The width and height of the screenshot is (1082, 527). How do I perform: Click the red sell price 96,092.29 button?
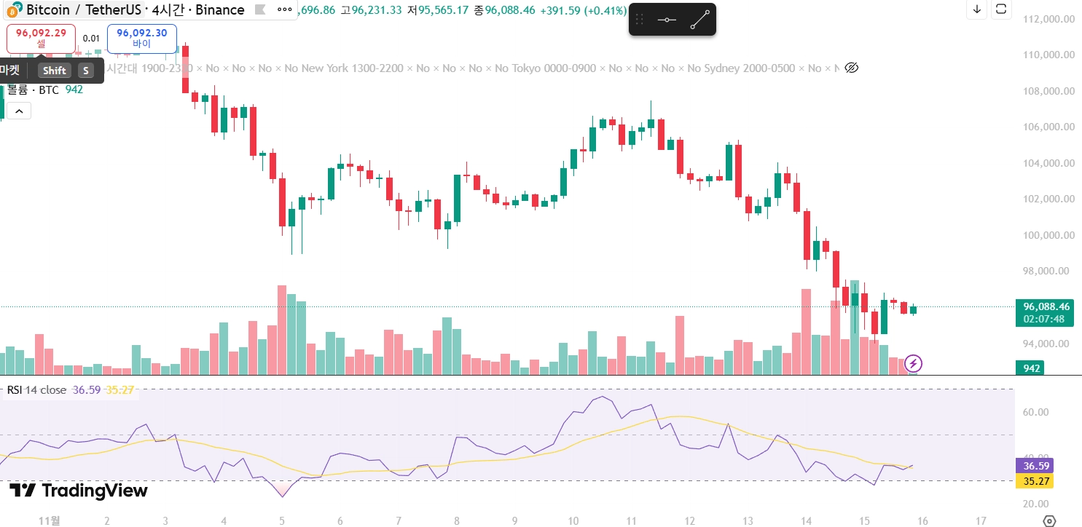click(x=41, y=38)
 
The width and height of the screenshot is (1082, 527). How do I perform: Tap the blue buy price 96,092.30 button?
click(x=141, y=38)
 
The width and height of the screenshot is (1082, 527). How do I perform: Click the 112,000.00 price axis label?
click(x=1048, y=20)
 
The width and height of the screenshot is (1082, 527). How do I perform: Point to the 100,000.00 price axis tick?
click(x=1048, y=235)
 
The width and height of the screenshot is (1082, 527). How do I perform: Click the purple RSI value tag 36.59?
click(x=1034, y=466)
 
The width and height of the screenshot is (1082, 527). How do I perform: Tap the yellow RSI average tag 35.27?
click(x=1034, y=480)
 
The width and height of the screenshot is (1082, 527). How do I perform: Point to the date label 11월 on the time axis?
click(x=49, y=520)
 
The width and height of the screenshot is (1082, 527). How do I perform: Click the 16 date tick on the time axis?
click(x=923, y=520)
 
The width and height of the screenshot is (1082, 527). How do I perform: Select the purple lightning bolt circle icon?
click(x=913, y=362)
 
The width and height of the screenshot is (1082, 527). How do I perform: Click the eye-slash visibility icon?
click(x=851, y=68)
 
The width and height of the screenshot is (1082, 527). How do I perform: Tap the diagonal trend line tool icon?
click(x=699, y=20)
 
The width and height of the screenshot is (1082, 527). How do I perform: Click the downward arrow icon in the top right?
click(x=977, y=9)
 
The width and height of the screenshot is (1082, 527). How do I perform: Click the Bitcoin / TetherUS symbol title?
click(x=84, y=10)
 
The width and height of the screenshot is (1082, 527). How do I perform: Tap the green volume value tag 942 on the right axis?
click(x=1031, y=368)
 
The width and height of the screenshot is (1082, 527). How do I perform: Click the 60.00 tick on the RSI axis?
click(x=1037, y=412)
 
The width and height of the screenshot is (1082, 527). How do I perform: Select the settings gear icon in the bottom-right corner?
click(x=1049, y=520)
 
